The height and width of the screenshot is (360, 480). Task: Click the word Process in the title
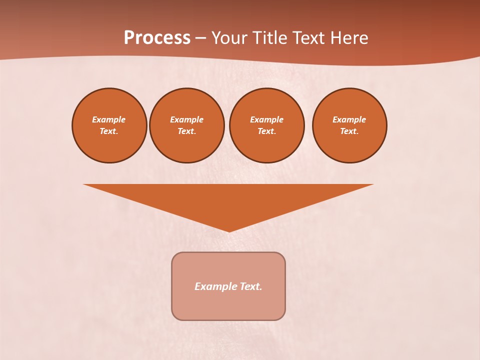click(x=157, y=38)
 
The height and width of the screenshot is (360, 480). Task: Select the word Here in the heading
click(x=348, y=38)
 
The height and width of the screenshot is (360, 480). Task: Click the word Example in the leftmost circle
click(x=109, y=119)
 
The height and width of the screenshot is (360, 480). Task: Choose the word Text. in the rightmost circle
click(x=349, y=131)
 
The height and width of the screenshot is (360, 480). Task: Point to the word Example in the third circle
click(x=267, y=119)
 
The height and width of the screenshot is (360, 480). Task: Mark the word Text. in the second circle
click(x=187, y=131)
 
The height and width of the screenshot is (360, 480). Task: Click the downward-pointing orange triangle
click(x=228, y=200)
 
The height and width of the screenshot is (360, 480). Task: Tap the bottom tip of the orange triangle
click(x=229, y=230)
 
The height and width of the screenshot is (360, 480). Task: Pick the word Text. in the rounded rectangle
click(x=251, y=286)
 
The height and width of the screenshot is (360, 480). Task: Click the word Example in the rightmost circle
click(x=349, y=119)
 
